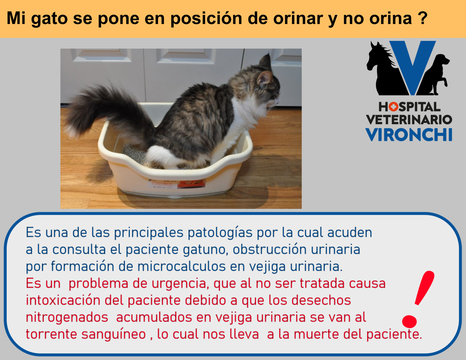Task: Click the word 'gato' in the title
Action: click(49, 19)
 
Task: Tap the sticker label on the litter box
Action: click(177, 184)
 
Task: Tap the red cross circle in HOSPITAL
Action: click(393, 107)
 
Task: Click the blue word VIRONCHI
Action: click(409, 135)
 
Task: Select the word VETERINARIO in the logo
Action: click(409, 120)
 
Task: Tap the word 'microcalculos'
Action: click(181, 266)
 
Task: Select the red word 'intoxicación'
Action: click(63, 300)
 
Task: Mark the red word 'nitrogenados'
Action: click(67, 318)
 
